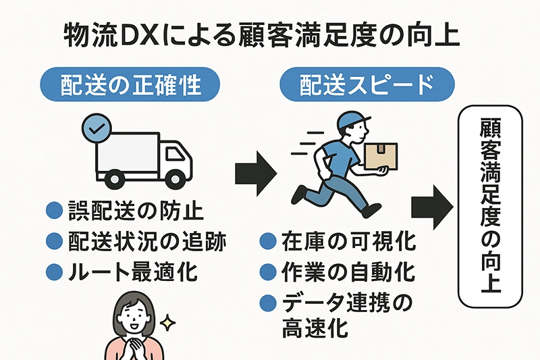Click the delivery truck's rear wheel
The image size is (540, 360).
[112, 178]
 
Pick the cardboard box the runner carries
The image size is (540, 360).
[380, 155]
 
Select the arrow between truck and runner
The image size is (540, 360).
[252, 174]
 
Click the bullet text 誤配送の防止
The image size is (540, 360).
[136, 211]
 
